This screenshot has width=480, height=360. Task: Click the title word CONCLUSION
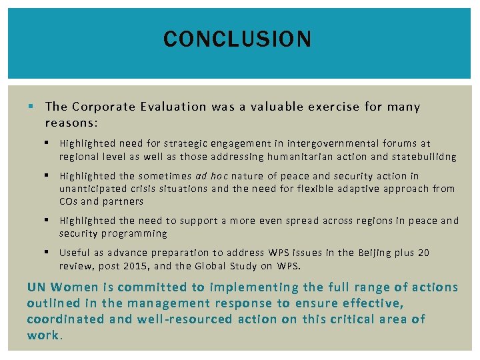237,39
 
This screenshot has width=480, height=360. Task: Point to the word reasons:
71,123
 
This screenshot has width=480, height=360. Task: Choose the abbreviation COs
69,201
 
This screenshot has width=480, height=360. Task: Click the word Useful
73,253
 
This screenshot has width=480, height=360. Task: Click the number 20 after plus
423,253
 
